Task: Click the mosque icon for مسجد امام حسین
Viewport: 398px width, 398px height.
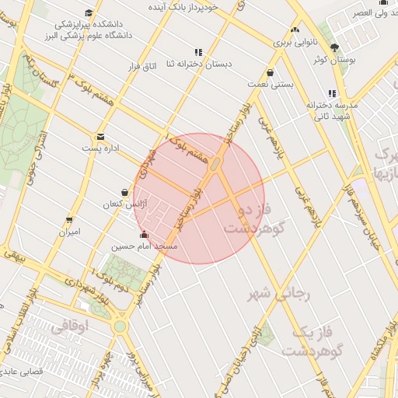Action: tap(142, 235)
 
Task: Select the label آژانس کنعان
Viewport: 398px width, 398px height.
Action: tap(124, 204)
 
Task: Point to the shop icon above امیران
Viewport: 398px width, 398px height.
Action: tap(70, 220)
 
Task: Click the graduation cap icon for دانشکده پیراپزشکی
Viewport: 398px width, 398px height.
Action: tap(89, 13)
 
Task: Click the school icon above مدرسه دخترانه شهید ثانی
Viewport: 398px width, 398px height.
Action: tap(332, 93)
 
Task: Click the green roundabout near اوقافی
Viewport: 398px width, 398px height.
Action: tap(119, 326)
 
